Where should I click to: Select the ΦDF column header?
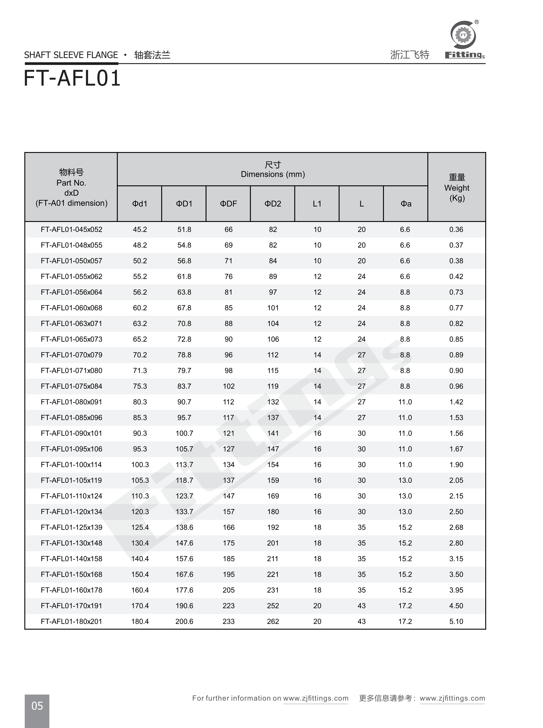click(228, 204)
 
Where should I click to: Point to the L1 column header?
click(317, 204)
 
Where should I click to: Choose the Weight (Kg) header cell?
click(457, 188)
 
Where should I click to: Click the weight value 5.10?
click(456, 621)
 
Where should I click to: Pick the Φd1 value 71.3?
click(140, 371)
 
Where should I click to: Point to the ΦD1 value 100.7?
click(184, 433)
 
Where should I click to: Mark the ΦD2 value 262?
click(273, 621)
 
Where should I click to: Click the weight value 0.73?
click(456, 292)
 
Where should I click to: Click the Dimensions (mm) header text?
click(273, 174)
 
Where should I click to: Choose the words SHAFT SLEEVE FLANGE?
click(71, 55)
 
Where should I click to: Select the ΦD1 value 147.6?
click(184, 543)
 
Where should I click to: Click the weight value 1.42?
click(456, 402)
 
